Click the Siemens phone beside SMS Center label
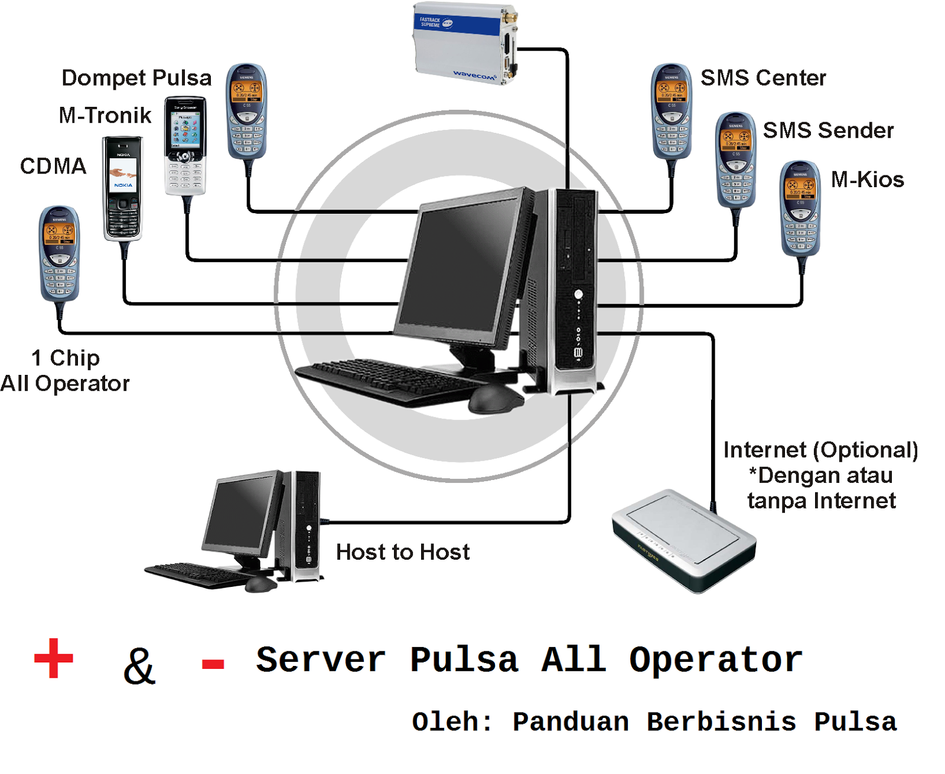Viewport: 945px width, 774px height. pos(672,111)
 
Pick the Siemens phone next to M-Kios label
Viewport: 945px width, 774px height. pos(800,208)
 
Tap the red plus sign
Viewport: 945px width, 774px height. pos(54,658)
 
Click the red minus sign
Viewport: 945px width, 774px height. pos(213,664)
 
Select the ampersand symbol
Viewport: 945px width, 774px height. pos(139,666)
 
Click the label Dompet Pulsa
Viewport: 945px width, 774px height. pos(136,78)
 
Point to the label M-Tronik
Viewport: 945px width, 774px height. pos(105,115)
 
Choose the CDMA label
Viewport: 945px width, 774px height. pos(53,166)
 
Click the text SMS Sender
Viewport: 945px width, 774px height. pos(828,130)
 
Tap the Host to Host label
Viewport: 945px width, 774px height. pos(403,552)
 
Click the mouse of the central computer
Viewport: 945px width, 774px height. pos(495,399)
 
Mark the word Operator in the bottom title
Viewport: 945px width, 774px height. pos(715,660)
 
